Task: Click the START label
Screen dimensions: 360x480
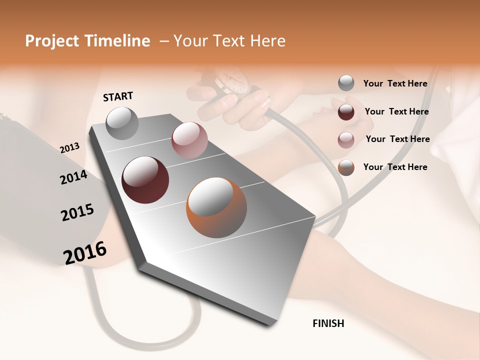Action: coord(118,96)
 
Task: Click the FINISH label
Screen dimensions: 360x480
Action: coord(328,323)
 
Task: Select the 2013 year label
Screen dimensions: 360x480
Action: coord(69,148)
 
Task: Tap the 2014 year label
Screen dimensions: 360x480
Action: coord(73,177)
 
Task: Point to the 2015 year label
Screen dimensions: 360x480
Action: coord(77,212)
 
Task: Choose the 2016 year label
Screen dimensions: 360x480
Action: coord(85,253)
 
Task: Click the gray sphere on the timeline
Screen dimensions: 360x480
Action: coord(122,123)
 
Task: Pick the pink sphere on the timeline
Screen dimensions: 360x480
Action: coord(189,140)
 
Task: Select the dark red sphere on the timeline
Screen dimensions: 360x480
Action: coord(145,180)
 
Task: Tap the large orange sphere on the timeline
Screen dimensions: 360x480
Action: coord(216,208)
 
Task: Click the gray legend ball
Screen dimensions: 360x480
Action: coord(346,83)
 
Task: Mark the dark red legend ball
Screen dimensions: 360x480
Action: coord(346,111)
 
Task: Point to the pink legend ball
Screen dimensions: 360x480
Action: coord(346,139)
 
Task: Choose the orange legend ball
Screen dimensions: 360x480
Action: coord(346,167)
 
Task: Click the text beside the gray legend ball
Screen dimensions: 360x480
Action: coord(395,84)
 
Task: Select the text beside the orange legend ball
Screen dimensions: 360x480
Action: coord(395,167)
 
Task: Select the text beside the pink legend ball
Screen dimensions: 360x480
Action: coord(397,139)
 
